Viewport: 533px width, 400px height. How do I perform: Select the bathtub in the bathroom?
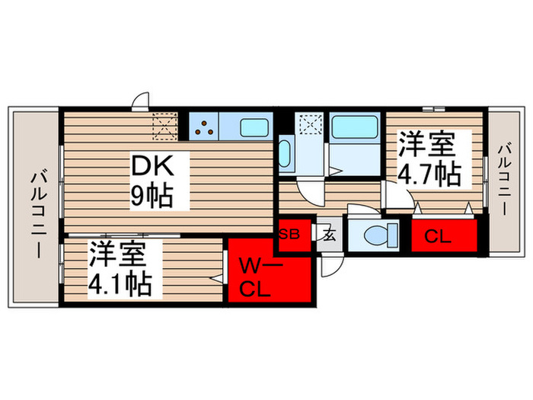[x=356, y=128]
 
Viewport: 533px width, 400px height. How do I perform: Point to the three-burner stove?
[x=204, y=126]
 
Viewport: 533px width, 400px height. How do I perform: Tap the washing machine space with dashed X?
[x=311, y=124]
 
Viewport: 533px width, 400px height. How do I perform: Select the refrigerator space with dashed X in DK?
[x=164, y=123]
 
